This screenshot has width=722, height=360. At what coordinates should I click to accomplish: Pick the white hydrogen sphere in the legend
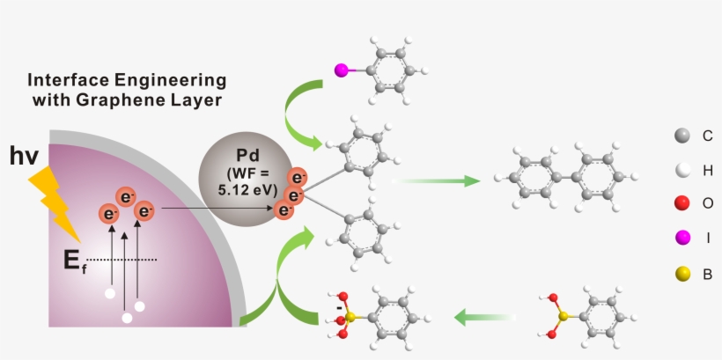681,170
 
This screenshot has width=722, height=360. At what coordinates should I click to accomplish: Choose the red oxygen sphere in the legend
681,204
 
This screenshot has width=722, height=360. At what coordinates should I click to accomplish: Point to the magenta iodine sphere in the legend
681,239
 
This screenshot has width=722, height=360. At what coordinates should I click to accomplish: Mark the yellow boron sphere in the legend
681,275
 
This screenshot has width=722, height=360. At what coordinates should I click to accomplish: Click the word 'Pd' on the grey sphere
240,151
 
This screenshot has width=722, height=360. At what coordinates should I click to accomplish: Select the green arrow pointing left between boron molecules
484,315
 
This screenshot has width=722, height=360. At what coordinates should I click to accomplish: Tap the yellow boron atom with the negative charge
350,315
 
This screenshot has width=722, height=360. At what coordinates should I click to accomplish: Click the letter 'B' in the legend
707,275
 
